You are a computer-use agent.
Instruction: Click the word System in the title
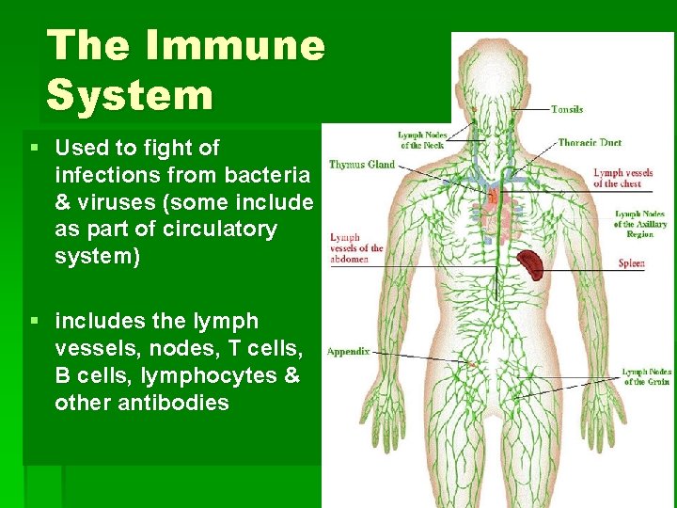[x=130, y=96]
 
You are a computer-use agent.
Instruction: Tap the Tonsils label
[x=567, y=109]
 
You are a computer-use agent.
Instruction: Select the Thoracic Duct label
[x=590, y=143]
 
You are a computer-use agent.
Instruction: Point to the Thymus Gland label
[x=361, y=165]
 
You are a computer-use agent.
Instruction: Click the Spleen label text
[x=631, y=263]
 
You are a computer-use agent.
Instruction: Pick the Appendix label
[x=348, y=352]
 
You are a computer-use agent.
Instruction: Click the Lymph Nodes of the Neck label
[x=422, y=140]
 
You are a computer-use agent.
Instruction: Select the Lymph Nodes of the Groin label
[x=647, y=376]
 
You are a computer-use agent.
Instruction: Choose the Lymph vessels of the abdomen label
[x=356, y=248]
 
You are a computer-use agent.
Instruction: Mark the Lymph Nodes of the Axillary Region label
[x=640, y=224]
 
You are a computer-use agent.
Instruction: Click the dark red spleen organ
[x=528, y=264]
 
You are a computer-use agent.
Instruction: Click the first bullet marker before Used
[x=34, y=148]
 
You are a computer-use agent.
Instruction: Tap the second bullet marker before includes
[x=34, y=322]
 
